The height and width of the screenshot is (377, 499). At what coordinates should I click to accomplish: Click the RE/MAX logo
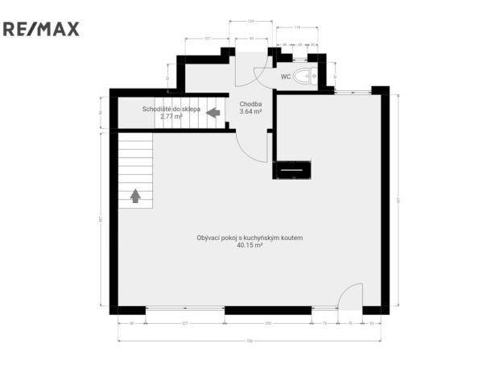tap(41, 30)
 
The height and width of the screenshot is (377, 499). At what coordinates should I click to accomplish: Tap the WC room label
tap(286, 77)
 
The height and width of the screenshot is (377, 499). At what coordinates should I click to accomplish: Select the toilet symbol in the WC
tap(304, 77)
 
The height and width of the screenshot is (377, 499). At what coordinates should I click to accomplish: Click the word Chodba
tap(251, 104)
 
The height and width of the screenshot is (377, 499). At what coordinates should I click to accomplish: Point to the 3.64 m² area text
tap(251, 112)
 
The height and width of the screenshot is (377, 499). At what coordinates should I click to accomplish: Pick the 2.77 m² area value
tap(171, 116)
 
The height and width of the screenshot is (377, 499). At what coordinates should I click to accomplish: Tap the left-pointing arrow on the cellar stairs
tap(213, 113)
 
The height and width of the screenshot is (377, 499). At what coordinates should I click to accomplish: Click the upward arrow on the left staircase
tap(135, 195)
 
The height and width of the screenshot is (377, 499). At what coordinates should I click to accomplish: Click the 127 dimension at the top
tap(208, 39)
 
